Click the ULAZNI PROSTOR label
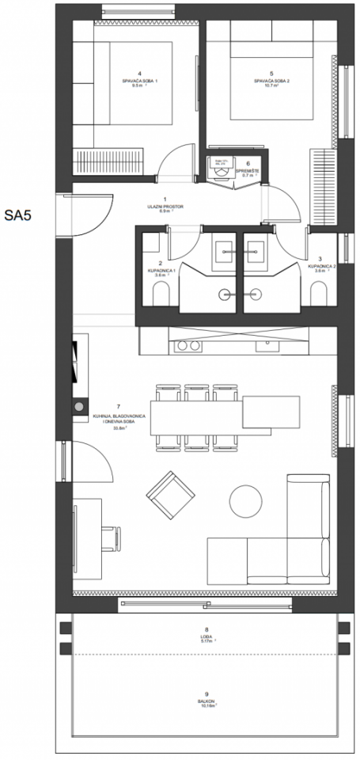pyautogui.click(x=165, y=207)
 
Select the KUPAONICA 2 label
pyautogui.click(x=320, y=266)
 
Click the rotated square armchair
pyautogui.click(x=170, y=494)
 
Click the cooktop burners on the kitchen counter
pyautogui.click(x=188, y=346)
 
